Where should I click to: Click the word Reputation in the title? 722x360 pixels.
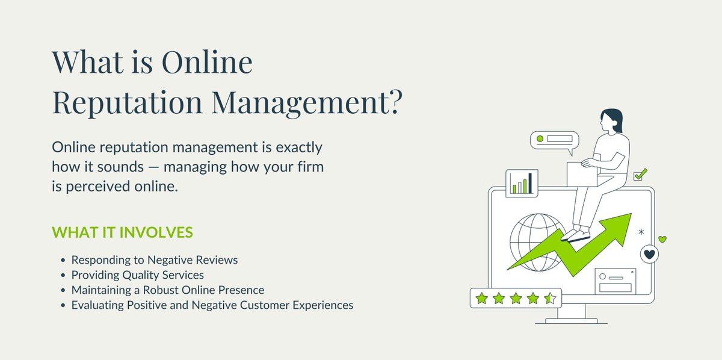point(126,103)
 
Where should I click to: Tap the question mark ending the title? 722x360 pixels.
point(391,103)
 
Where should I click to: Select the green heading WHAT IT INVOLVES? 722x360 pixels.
point(122,232)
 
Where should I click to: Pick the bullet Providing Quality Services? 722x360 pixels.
point(138,275)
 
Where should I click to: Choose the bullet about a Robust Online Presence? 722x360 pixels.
point(168,290)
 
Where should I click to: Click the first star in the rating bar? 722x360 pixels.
point(481,298)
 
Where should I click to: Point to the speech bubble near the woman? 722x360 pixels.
point(554,140)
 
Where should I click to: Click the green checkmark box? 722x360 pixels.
point(640,175)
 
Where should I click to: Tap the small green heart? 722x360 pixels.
point(662,240)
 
